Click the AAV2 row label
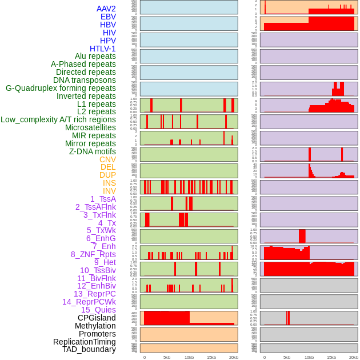(106, 9)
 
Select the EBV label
(108, 17)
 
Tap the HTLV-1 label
(102, 49)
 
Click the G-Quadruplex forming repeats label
(61, 88)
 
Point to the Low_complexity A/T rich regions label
(58, 119)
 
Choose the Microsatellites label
(90, 127)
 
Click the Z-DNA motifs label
(92, 151)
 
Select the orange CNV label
(107, 159)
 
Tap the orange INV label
(109, 191)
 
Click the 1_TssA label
(103, 199)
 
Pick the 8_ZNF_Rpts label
(93, 254)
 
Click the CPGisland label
(97, 318)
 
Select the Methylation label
(95, 326)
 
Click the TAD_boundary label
(89, 349)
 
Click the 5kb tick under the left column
(167, 357)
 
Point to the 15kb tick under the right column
(331, 357)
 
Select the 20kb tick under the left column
(233, 357)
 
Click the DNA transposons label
(85, 80)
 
